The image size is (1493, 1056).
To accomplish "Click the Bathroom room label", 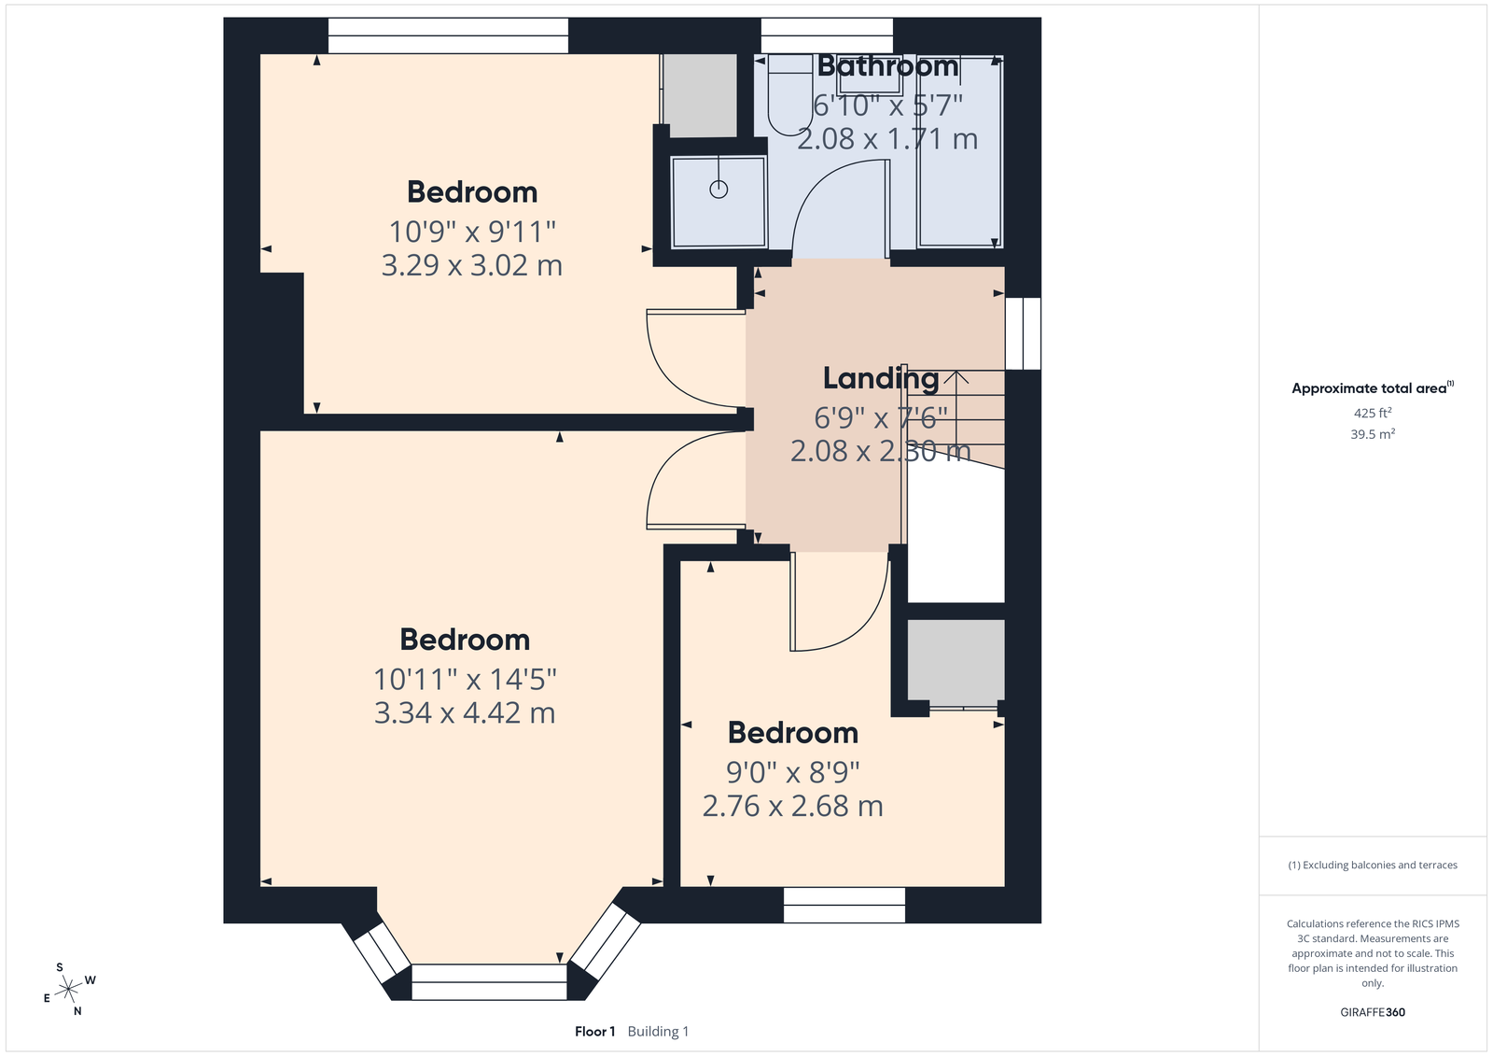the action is [x=887, y=66].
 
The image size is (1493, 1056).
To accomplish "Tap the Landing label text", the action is [x=881, y=378].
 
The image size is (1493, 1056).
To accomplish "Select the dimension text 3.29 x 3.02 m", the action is [x=472, y=265].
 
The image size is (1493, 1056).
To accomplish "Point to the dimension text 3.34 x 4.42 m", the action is [x=465, y=712].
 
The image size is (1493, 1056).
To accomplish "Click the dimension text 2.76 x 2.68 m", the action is [x=792, y=806].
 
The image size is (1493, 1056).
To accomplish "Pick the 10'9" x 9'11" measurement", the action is [x=472, y=232].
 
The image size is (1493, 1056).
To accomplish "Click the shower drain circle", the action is [x=719, y=190].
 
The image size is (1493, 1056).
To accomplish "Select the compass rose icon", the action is [x=69, y=989].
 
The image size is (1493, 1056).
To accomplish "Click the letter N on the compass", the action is [x=78, y=1010].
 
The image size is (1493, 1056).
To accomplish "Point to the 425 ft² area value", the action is [x=1373, y=413].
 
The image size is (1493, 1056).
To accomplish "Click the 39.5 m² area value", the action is [x=1373, y=433].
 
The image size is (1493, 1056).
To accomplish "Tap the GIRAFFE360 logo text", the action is [x=1373, y=1012].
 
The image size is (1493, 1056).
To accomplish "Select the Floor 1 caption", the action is [x=594, y=1032].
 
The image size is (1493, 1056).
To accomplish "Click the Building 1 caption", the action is [x=658, y=1032].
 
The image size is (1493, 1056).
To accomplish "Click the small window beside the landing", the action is [x=1023, y=333].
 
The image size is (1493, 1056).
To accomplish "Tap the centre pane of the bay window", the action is [x=489, y=982].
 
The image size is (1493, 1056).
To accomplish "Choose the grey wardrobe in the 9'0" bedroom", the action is [x=956, y=660].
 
